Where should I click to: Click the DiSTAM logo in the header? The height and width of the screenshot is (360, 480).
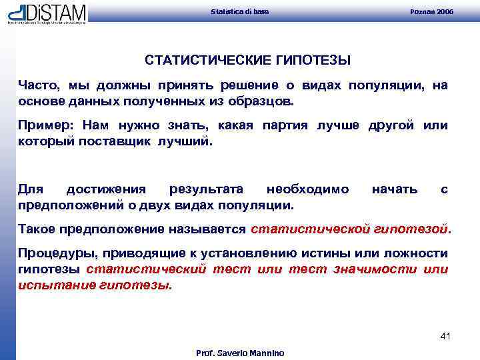coord(47,13)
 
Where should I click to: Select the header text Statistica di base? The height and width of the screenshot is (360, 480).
coord(239,12)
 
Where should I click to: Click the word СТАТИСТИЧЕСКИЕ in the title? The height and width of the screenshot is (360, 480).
coord(207,61)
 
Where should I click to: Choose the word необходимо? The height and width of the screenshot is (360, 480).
coord(307,189)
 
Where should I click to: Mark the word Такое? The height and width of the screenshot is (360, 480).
coord(37,229)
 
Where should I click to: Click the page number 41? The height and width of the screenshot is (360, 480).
coord(445,336)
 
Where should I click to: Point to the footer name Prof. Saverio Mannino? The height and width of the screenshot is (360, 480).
coord(239,353)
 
